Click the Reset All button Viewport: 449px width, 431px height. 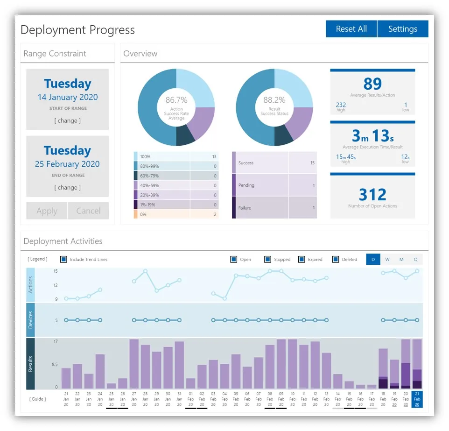[x=351, y=29]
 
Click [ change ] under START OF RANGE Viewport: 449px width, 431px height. [x=68, y=120]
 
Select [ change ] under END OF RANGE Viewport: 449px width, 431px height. [x=68, y=187]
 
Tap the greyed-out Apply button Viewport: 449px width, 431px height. [x=47, y=211]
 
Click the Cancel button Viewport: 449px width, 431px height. [x=88, y=211]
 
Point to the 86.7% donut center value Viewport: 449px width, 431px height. [x=176, y=100]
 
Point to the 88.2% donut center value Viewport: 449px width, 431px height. [x=274, y=100]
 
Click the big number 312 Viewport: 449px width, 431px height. [x=372, y=194]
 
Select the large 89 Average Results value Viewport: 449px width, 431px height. [x=372, y=84]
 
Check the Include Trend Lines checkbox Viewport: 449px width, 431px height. [x=64, y=259]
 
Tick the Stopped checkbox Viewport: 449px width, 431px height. [x=267, y=259]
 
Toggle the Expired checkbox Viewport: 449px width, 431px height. [x=302, y=259]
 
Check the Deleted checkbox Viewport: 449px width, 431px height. [x=335, y=259]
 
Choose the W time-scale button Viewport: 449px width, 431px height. [x=387, y=259]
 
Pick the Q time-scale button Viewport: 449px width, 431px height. [x=415, y=259]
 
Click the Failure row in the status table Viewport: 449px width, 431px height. [x=274, y=207]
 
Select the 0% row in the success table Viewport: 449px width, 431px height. [x=176, y=214]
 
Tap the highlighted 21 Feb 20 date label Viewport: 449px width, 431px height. [x=417, y=399]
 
